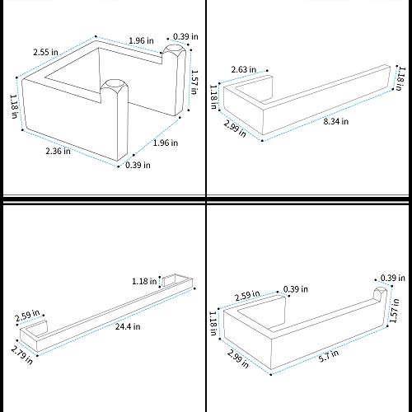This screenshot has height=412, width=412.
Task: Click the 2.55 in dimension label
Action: pos(45,52)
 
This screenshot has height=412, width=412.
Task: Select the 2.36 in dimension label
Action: pos(58,151)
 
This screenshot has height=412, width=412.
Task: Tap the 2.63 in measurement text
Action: pos(244,69)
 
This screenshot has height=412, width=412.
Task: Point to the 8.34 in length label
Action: pos(336,121)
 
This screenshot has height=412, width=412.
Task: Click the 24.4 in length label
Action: pos(128,326)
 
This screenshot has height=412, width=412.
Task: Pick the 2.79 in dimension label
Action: pos(22,354)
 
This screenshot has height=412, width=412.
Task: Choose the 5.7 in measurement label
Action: pos(329,356)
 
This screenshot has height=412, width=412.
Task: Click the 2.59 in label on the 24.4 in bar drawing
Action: pos(27,316)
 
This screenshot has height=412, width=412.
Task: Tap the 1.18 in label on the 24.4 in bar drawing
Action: pos(144,281)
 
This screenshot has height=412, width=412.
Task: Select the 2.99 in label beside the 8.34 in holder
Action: pos(235,129)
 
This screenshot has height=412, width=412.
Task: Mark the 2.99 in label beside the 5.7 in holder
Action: pos(238,358)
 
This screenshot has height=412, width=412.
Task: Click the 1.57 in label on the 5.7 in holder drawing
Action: pos(394,311)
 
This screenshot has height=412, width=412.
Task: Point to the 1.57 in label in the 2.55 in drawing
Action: pos(194,82)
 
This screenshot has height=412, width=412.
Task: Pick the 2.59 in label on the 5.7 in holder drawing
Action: pos(247,296)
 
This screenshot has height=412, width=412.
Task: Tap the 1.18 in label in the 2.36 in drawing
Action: pos(14,106)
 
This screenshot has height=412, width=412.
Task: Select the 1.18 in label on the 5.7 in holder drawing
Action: pos(213,323)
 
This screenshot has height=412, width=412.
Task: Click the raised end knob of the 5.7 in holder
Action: pos(380,294)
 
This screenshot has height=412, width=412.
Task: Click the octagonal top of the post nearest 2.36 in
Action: pos(115,86)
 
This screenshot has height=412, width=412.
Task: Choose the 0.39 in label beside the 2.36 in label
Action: pos(138,165)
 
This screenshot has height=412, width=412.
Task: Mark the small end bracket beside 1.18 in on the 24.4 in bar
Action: pos(169,280)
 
